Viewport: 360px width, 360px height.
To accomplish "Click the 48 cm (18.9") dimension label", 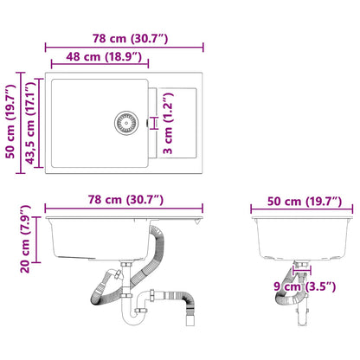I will (x=97, y=58).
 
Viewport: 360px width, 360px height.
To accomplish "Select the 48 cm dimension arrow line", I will (x=97, y=68).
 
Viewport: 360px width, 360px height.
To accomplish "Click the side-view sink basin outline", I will (x=297, y=238).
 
